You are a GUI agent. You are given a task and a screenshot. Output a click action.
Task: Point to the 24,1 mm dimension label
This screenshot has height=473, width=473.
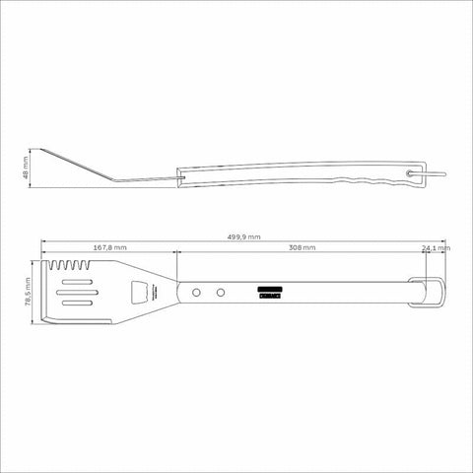click(x=435, y=248)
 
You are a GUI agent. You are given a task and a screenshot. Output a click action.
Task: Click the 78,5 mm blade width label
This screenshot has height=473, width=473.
click(x=30, y=293)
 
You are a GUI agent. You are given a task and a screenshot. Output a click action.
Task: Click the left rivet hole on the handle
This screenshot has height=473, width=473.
click(x=198, y=293)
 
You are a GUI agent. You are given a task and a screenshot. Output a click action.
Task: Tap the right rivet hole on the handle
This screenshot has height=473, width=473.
click(x=221, y=293)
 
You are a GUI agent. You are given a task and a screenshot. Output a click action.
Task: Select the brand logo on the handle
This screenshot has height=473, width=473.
click(x=270, y=289)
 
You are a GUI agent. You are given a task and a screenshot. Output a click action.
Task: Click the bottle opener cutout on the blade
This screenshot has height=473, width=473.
click(x=143, y=293)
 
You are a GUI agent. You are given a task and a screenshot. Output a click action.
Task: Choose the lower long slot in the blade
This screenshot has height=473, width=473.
click(x=79, y=305)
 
